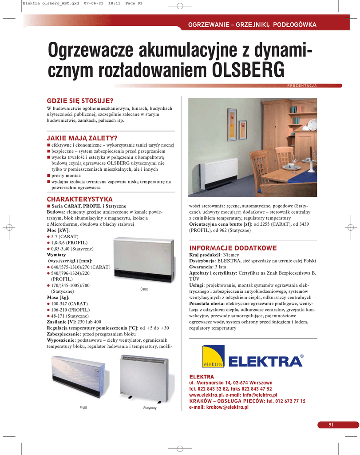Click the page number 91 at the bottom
[331, 425]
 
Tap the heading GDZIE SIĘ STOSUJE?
[80, 101]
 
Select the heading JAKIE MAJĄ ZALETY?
[85, 138]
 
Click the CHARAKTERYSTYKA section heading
[79, 199]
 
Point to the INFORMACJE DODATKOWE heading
[233, 248]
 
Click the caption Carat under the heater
[143, 289]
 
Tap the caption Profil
[83, 407]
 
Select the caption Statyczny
[150, 408]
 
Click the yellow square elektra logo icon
[213, 356]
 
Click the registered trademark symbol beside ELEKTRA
[302, 356]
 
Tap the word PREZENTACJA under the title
[301, 85]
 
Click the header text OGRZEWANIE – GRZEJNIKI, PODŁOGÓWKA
[252, 24]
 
